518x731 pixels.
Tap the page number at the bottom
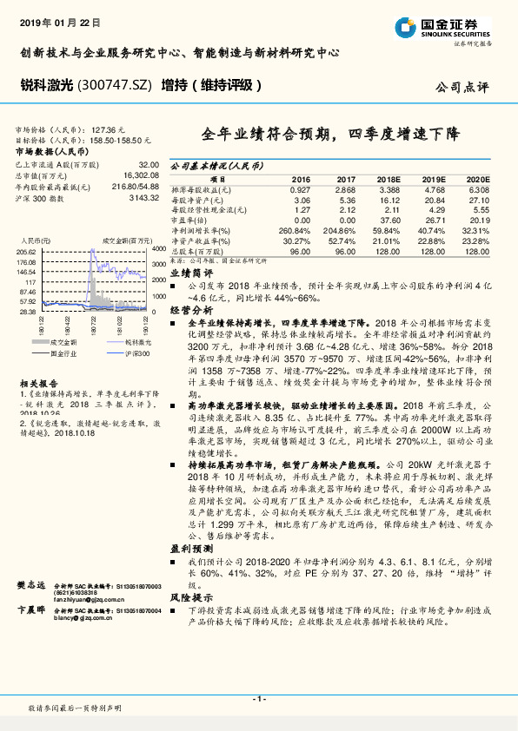click(258, 698)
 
